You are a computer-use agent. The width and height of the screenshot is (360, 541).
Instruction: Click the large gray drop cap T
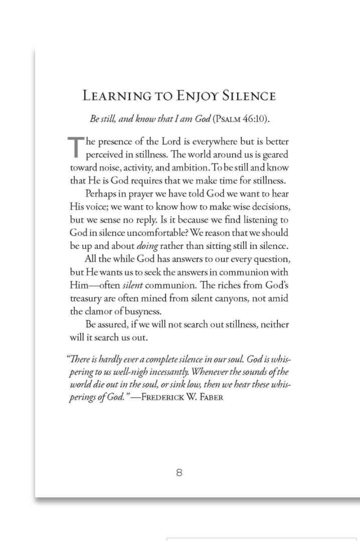point(76,148)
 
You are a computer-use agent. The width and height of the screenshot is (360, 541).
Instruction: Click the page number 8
point(179,472)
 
